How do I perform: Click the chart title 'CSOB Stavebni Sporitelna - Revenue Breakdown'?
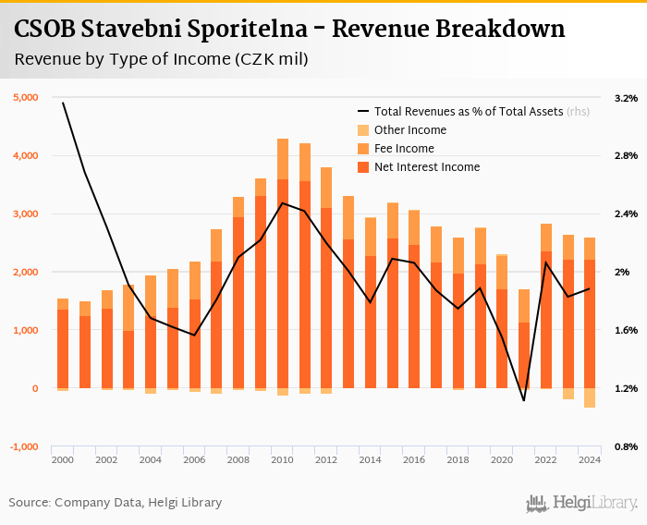289,29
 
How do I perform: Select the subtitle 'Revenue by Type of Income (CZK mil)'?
162,60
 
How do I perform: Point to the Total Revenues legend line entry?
467,111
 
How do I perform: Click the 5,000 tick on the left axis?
25,97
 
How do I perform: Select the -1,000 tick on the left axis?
25,446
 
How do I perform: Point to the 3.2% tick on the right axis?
626,97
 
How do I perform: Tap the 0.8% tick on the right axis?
626,446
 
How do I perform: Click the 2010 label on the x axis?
283,459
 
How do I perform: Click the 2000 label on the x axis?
63,459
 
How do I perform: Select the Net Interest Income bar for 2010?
283,283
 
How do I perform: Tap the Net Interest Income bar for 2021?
524,355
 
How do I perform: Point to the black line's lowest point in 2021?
524,400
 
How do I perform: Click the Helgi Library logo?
581,503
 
